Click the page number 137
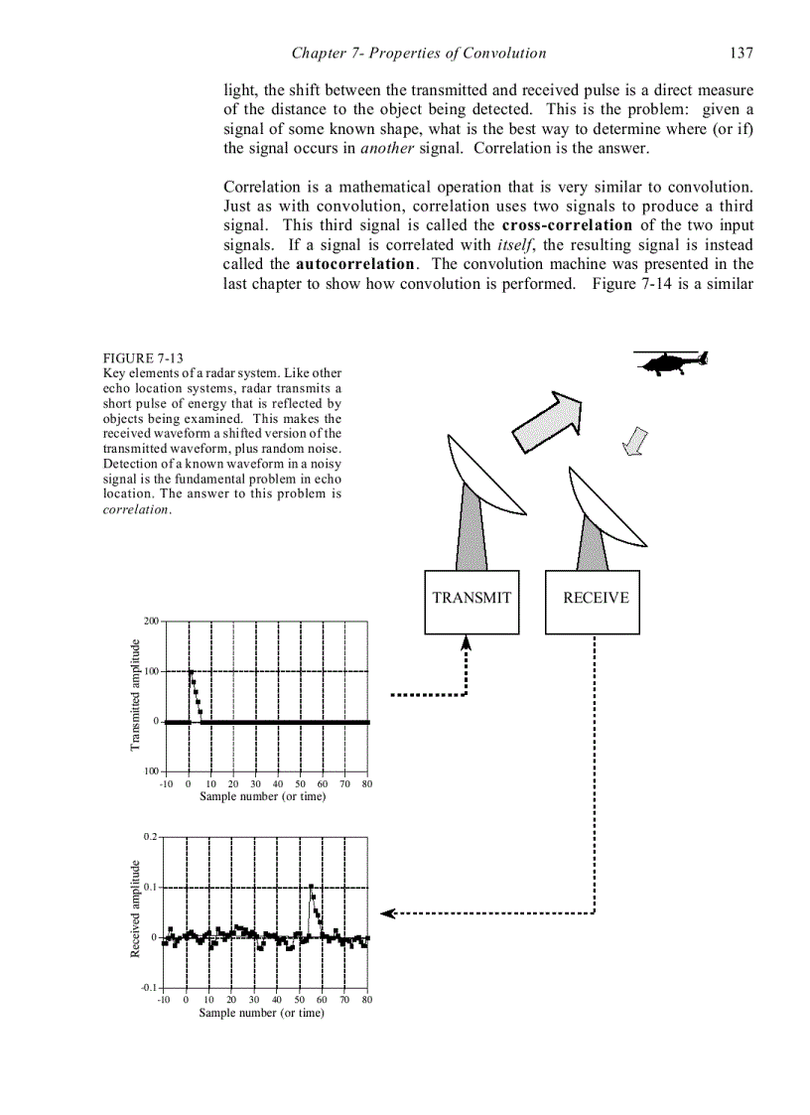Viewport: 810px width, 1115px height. [741, 53]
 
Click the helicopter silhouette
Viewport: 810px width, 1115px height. [670, 363]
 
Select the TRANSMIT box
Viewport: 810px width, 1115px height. [472, 602]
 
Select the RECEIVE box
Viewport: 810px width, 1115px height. [593, 602]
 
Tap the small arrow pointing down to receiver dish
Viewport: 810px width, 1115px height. [633, 443]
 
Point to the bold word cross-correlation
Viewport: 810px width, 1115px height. [567, 225]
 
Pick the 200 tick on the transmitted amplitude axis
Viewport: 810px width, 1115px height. [151, 622]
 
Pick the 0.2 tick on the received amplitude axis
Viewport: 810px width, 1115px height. [150, 836]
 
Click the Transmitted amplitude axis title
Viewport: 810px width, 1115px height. [136, 694]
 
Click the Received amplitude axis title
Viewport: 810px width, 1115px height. [136, 909]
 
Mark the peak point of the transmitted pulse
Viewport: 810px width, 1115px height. [191, 672]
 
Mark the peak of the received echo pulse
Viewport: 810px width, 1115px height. [312, 887]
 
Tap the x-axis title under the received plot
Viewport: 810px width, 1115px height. [261, 1013]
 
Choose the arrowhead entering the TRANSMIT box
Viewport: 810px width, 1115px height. [466, 642]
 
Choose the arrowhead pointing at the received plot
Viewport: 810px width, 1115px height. [389, 912]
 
